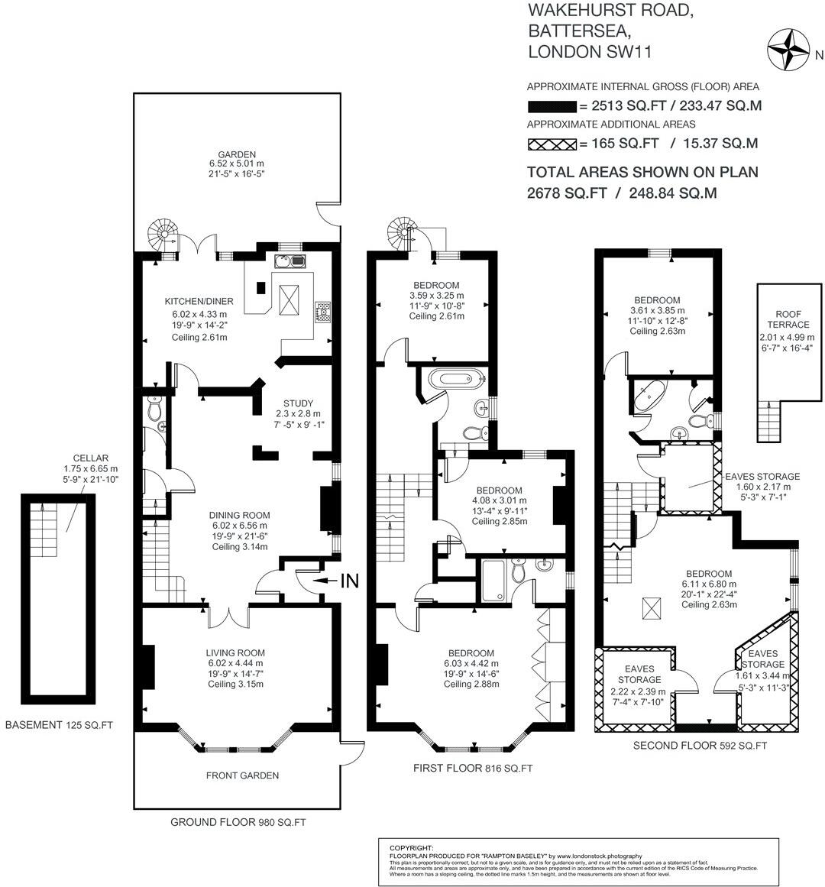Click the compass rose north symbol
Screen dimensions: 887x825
(789, 48)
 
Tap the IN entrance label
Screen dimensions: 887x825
(349, 581)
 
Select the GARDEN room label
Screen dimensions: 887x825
(237, 154)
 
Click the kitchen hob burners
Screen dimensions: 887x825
(323, 311)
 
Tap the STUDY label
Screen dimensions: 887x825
(298, 403)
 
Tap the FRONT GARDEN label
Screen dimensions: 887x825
(242, 775)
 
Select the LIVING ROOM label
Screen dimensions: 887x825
(235, 653)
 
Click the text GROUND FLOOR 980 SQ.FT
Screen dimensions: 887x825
(237, 823)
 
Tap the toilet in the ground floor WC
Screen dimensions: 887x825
(154, 410)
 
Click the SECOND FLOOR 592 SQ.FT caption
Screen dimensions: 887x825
(700, 746)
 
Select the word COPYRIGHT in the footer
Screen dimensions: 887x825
(411, 847)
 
